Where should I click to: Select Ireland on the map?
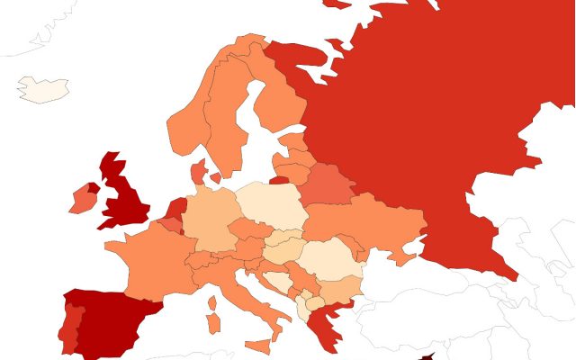click(x=82, y=199)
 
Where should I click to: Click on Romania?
click(x=328, y=256)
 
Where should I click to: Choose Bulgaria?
click(x=337, y=289)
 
